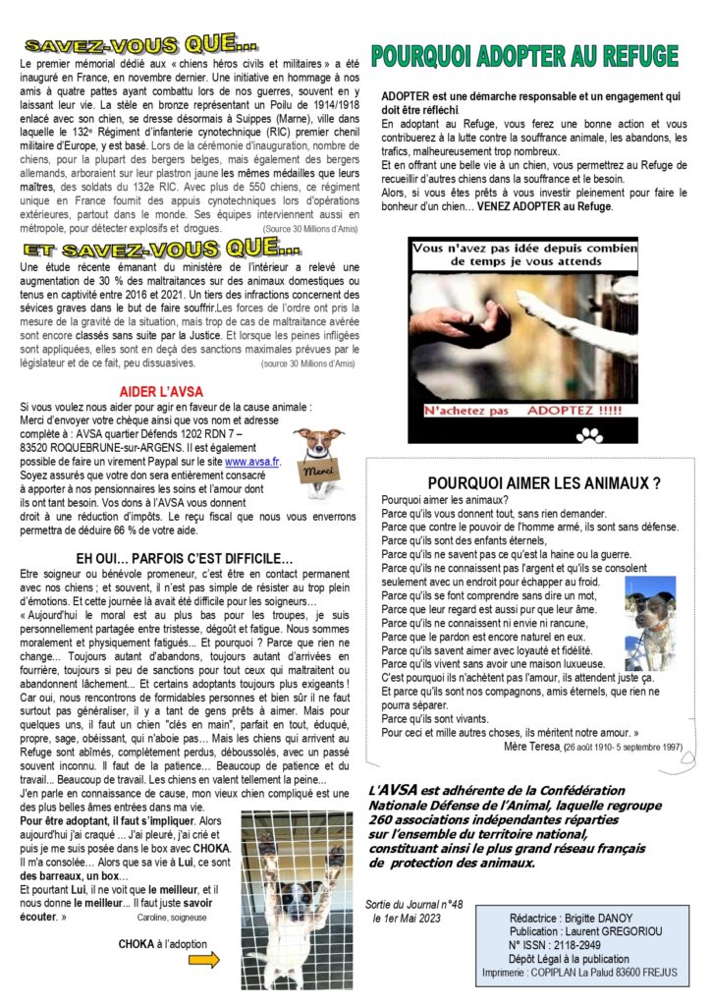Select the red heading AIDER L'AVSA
click(160, 391)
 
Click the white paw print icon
click(588, 433)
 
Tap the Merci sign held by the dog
click(319, 471)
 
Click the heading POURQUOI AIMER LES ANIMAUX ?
click(543, 482)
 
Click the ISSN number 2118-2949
click(576, 943)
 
